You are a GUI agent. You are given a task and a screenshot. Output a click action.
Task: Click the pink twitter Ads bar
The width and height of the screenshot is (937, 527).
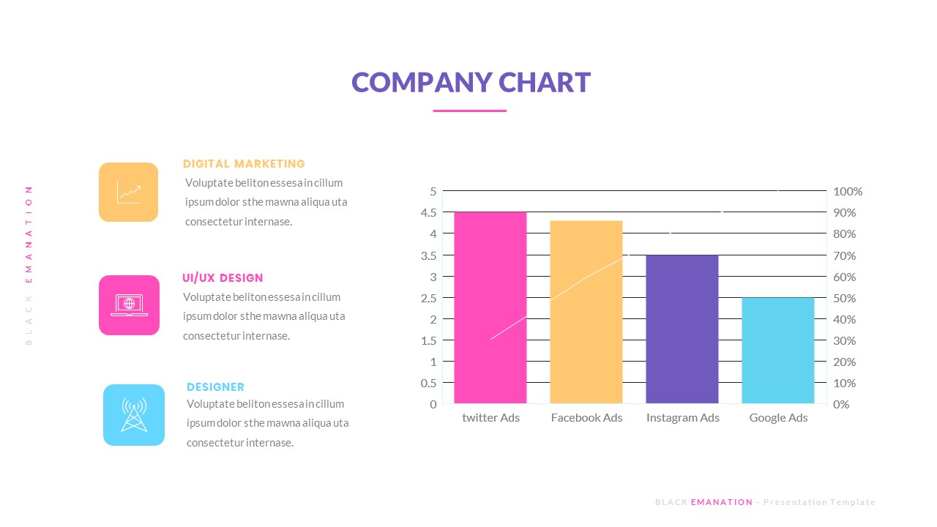[490, 307]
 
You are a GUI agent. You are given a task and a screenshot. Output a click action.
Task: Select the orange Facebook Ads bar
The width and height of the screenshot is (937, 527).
[586, 312]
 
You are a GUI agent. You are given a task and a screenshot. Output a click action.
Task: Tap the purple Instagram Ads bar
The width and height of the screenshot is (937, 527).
[682, 329]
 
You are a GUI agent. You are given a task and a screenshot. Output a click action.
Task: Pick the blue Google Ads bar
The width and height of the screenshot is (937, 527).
[778, 350]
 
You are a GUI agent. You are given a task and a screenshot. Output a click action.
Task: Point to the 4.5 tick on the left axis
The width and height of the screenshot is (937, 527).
[430, 212]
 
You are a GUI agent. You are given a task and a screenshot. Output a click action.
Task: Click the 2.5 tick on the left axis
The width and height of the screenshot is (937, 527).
[430, 298]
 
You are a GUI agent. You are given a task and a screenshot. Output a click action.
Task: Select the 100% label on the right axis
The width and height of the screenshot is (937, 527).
[848, 192]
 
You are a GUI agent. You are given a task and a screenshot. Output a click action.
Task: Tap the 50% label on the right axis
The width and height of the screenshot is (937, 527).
[845, 298]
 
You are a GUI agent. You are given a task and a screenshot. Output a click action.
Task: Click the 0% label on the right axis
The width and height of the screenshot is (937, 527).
[842, 404]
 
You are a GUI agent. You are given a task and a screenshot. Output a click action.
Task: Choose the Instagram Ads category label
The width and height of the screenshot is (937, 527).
[682, 418]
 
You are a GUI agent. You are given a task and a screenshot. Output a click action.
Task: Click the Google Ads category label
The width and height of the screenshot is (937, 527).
[778, 418]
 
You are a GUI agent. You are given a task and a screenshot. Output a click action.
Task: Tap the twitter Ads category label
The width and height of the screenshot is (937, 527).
[490, 418]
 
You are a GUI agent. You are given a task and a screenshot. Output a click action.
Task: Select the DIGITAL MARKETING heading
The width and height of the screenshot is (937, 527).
[244, 164]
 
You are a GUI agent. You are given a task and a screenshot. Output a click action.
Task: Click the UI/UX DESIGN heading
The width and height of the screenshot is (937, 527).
[223, 278]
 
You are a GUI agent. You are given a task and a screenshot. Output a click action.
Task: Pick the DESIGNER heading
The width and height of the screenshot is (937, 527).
[215, 387]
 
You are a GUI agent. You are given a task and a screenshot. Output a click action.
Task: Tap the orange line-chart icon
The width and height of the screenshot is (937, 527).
[128, 192]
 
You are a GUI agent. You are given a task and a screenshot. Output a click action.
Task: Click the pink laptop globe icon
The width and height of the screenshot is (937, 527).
[129, 305]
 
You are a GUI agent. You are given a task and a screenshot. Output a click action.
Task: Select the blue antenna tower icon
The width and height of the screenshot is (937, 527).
[134, 415]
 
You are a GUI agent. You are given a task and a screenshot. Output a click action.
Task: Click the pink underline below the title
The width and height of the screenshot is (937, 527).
[469, 111]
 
